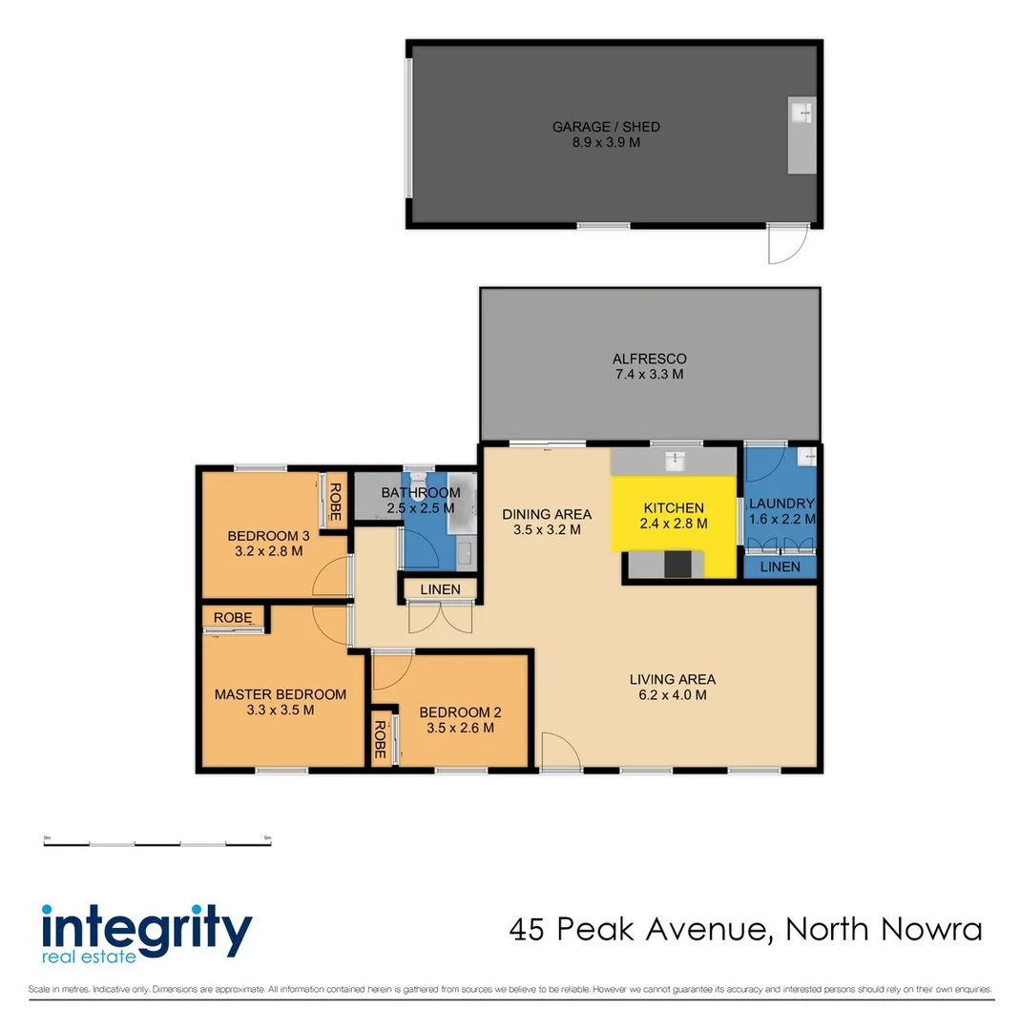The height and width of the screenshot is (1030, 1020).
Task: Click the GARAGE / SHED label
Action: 606,127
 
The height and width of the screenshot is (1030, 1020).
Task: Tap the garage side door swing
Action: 786,246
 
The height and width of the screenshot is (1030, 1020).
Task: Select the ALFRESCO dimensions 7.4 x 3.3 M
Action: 649,375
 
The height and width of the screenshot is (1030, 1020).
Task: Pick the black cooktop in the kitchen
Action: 677,565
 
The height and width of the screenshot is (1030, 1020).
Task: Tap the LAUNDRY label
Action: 781,504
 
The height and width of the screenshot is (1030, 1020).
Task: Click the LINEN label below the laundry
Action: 781,567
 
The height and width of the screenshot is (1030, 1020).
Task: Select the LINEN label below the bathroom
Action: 440,590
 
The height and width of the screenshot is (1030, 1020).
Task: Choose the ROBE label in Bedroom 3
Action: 336,501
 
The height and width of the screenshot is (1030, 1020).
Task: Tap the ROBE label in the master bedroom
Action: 232,618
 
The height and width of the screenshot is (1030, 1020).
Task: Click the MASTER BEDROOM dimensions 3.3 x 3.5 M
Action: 280,710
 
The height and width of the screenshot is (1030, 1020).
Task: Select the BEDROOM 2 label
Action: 460,712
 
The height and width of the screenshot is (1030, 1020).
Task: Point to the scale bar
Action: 157,842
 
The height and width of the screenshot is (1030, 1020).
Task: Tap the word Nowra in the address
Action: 926,929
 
